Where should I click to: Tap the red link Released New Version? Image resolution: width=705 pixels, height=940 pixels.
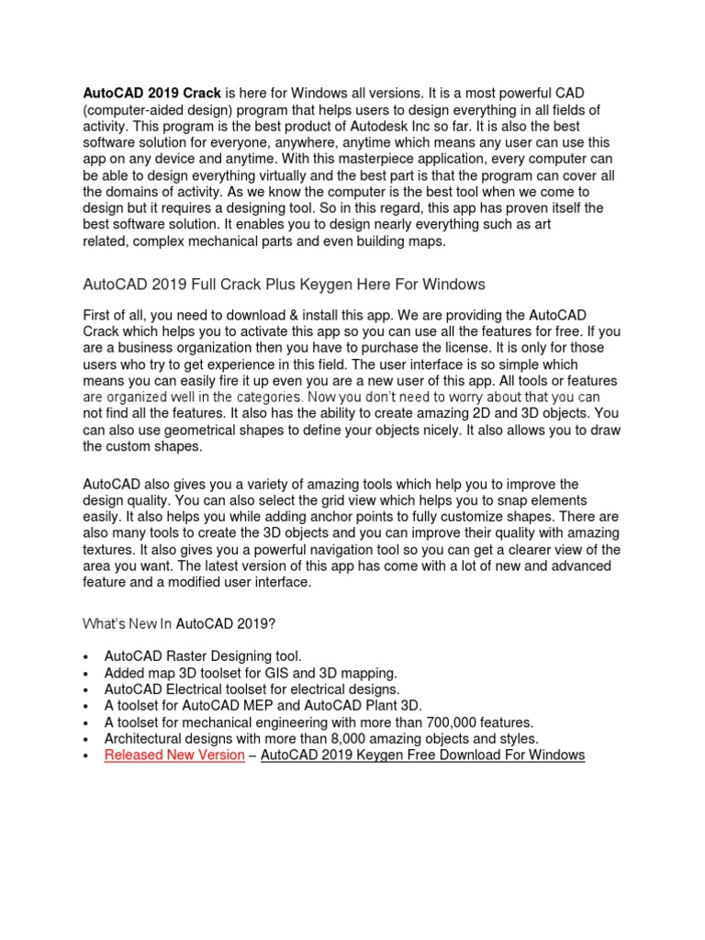[x=174, y=755]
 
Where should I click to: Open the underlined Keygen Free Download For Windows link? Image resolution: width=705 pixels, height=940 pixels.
[x=422, y=755]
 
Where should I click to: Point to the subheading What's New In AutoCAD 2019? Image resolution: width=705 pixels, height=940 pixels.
[x=179, y=623]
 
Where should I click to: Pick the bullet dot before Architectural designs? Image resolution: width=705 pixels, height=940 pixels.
[x=85, y=739]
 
